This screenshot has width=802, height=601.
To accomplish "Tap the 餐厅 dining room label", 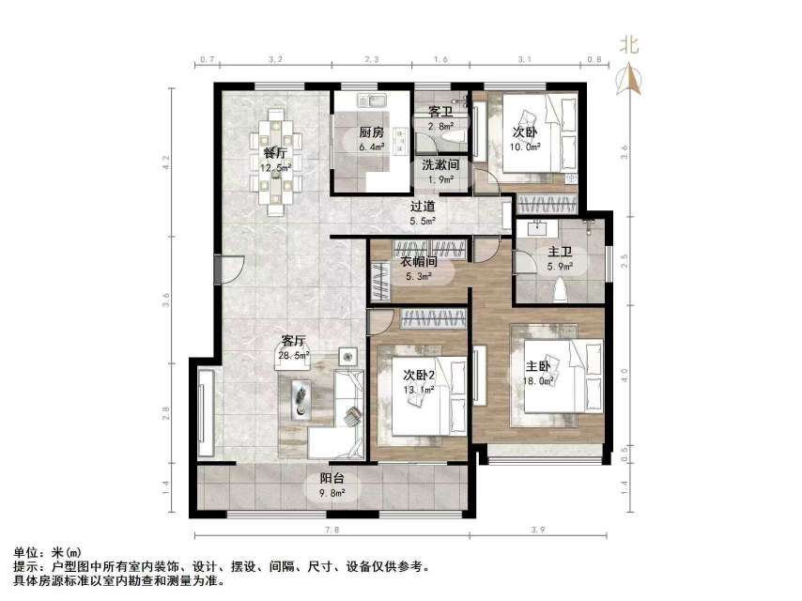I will [x=274, y=152].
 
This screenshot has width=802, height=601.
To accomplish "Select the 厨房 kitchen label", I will [x=371, y=132].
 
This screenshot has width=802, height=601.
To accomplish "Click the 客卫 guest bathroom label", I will [x=440, y=111].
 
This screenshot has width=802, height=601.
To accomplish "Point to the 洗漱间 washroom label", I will [x=440, y=164].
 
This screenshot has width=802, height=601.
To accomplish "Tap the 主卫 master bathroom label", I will [x=561, y=252].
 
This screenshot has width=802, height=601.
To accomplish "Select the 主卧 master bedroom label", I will [x=538, y=366].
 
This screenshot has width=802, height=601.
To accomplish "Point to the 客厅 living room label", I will [x=294, y=341].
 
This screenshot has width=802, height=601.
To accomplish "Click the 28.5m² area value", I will [x=294, y=357].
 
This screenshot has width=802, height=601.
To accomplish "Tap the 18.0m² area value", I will [x=538, y=381].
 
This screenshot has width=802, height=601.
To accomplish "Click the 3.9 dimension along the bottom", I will [x=537, y=532].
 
